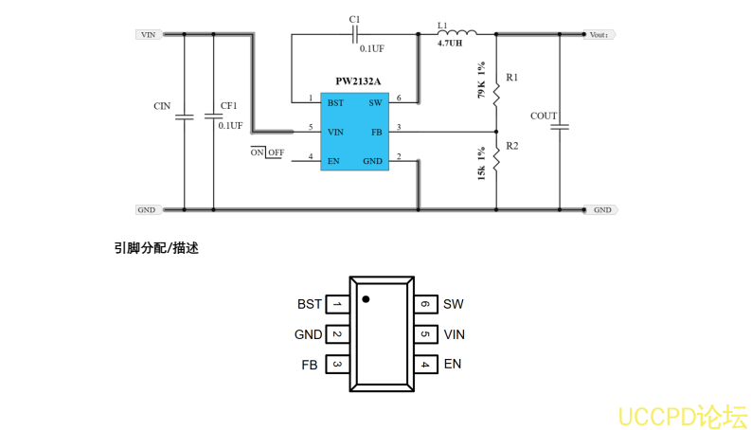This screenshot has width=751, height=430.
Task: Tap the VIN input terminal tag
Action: coord(148,35)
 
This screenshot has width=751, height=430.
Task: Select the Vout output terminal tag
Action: coord(599,35)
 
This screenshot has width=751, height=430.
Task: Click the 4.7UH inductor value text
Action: coord(450,44)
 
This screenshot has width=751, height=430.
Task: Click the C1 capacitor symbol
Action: coord(354,35)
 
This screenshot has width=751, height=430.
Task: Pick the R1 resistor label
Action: coord(512,77)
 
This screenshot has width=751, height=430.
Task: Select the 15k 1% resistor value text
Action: coord(482,165)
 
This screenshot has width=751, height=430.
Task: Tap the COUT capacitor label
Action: coord(544,116)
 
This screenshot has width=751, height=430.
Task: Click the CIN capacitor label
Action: coord(162,106)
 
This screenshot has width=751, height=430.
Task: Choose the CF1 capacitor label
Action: coord(229,106)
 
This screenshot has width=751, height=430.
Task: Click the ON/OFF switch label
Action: coord(267,152)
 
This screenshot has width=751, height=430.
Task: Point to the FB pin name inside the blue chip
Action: coord(376,132)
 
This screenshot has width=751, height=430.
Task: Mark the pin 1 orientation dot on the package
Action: coord(366,299)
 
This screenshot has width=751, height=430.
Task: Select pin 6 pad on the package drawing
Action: coord(425,304)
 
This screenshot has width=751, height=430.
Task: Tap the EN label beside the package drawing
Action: coord(453,364)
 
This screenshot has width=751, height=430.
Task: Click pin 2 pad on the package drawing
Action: coord(336,334)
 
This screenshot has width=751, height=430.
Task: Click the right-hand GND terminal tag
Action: coord(602,210)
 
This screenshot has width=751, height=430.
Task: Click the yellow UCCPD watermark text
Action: coord(682,416)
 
